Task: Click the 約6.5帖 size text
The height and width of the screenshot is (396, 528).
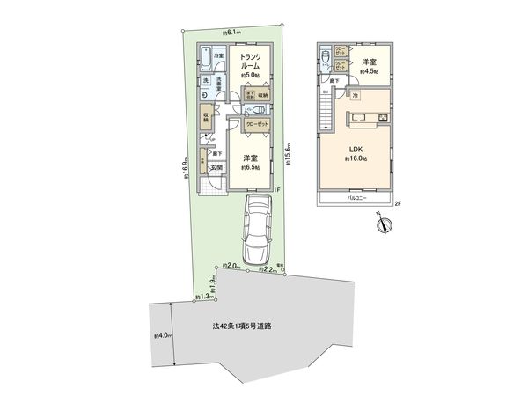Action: [251, 168]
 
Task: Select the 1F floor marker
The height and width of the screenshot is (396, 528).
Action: [276, 189]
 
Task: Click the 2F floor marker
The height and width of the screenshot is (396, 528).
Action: [398, 204]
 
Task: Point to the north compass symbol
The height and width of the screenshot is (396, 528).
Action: [382, 225]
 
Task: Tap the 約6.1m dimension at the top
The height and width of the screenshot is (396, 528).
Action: [233, 33]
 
